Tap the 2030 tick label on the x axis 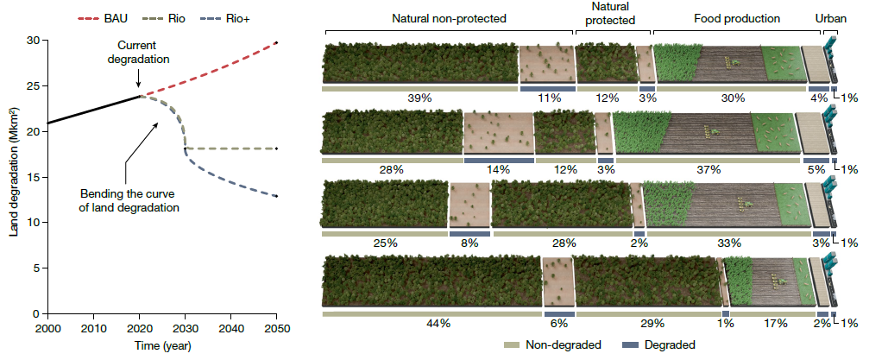click(x=185, y=329)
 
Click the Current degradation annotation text click(x=142, y=52)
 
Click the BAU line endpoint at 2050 click(x=276, y=42)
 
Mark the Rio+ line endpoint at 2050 click(x=276, y=196)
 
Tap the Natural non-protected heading click(x=449, y=17)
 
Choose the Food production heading click(x=736, y=17)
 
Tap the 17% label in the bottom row click(x=775, y=323)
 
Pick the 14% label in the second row click(x=498, y=170)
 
